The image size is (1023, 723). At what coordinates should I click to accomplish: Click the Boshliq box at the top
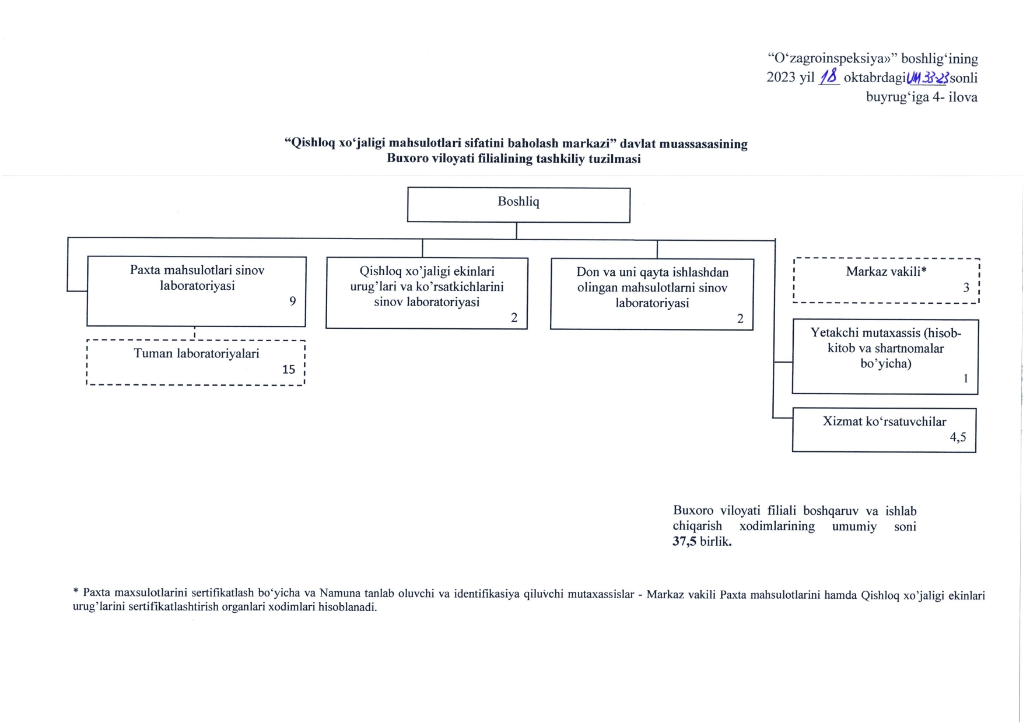(x=518, y=204)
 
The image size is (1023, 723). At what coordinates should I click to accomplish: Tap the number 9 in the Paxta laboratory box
(x=293, y=301)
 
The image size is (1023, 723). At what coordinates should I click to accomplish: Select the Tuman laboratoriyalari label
(x=197, y=353)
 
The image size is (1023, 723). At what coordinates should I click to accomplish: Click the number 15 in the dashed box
(x=289, y=369)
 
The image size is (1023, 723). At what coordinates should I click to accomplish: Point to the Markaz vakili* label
(x=886, y=271)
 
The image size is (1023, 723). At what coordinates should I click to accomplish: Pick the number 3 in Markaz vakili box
(x=966, y=287)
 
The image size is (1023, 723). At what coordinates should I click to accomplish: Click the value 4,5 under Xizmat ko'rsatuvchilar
(x=958, y=437)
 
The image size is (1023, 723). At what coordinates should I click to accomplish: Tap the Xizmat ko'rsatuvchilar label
(x=884, y=422)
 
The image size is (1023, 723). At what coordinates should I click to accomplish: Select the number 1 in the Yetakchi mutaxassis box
(x=965, y=378)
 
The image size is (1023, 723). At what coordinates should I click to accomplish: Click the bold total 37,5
(x=684, y=541)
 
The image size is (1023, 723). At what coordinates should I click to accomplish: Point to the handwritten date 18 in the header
(x=829, y=77)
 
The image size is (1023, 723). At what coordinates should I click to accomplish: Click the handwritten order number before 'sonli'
(x=927, y=77)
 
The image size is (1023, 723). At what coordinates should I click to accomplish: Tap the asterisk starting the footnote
(x=76, y=592)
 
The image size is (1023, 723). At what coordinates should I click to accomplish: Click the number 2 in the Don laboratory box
(x=740, y=319)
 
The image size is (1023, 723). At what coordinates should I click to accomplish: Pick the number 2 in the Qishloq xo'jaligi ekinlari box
(x=514, y=318)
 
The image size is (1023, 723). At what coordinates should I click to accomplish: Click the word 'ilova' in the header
(x=963, y=97)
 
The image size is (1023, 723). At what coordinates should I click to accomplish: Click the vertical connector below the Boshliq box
(x=517, y=231)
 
